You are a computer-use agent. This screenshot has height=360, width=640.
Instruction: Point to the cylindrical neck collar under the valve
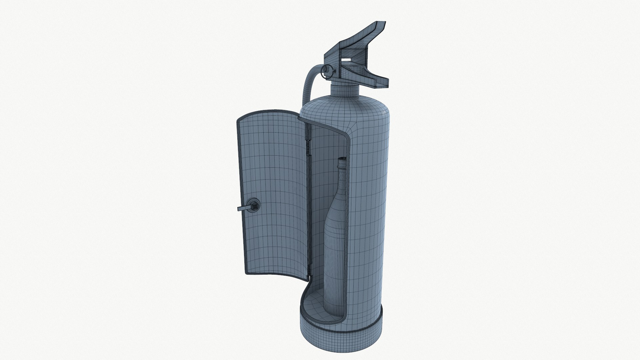[344, 90]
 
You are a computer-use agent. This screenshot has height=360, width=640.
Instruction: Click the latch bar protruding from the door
[241, 208]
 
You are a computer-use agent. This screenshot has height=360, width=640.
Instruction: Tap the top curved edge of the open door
[270, 111]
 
